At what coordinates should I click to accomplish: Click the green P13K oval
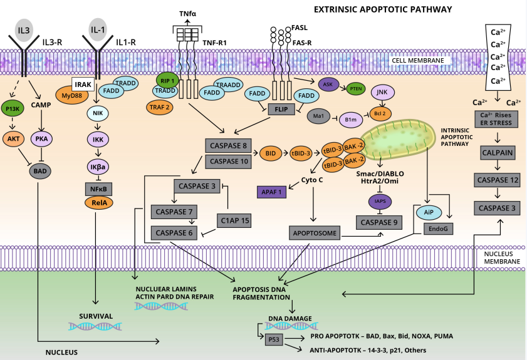click(13, 108)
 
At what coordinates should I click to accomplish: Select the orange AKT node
click(13, 138)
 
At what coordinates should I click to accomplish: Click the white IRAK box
click(83, 85)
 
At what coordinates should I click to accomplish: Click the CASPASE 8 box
click(227, 146)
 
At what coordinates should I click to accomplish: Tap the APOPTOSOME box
click(313, 234)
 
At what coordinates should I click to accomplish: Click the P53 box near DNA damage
click(274, 339)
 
